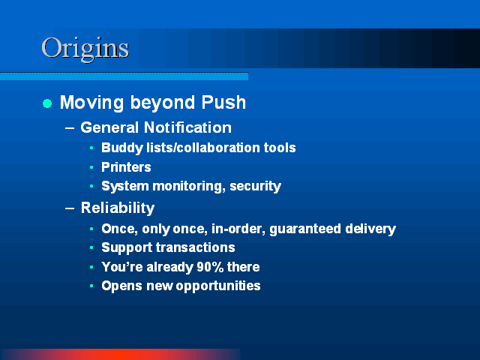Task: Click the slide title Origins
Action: coord(85,48)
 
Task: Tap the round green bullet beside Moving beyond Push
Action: coord(47,103)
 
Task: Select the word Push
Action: coord(223,102)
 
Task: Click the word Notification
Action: coord(187,127)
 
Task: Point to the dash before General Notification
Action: coord(70,128)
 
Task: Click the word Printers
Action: coord(126,167)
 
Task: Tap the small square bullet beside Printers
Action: coord(91,167)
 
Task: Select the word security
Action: coord(255,187)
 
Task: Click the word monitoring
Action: coord(188,187)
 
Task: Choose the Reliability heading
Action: coord(118,208)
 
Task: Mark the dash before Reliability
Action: coord(70,208)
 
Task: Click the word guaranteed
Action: coord(305,229)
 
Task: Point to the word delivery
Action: coord(370,229)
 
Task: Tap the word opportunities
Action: coord(218,286)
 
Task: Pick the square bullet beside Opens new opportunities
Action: coord(91,286)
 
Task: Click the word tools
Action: coord(280,148)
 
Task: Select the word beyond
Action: coord(163,103)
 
